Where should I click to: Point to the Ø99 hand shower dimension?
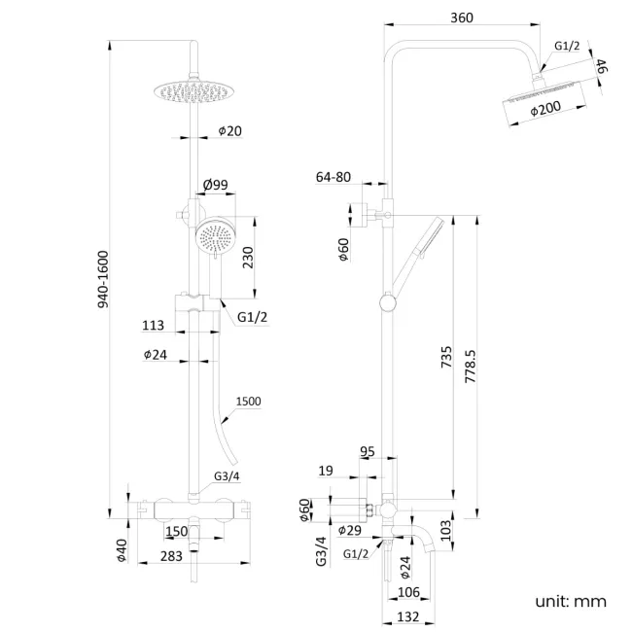coord(215,183)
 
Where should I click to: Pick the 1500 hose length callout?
coord(247,401)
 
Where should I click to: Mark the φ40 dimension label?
coord(122,551)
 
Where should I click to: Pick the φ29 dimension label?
coord(350,530)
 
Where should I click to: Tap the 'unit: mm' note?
coord(570,601)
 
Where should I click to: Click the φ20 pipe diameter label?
coord(229,130)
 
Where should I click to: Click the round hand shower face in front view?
coord(216,236)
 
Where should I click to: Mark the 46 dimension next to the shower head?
coord(601,68)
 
